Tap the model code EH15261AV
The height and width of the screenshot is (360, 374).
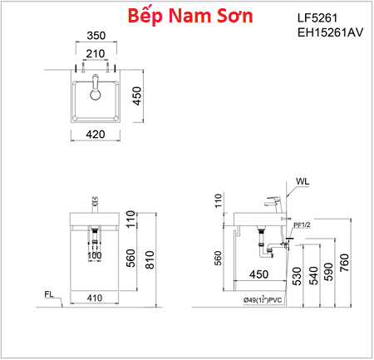[x=331, y=34]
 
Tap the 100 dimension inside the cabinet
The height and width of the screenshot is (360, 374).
[x=95, y=256]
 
